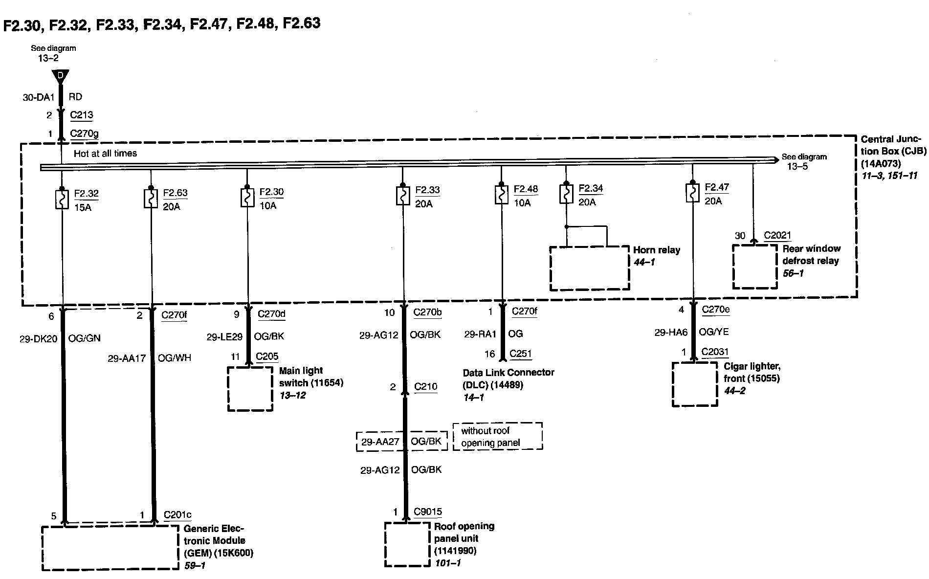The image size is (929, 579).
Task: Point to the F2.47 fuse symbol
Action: coord(692,194)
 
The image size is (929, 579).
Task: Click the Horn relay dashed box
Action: coord(589,268)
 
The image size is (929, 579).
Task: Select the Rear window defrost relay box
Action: coord(754,267)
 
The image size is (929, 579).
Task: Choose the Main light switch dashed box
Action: coord(250,389)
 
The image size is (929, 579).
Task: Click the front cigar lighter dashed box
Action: coord(695,384)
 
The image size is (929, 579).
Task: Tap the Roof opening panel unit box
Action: coord(407,544)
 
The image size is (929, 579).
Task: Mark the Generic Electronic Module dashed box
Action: coord(110,548)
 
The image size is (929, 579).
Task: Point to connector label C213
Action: coord(81,115)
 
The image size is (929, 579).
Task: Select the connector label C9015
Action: coord(427,512)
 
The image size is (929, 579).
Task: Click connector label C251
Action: coord(520,354)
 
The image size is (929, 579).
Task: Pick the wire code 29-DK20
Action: coord(38,338)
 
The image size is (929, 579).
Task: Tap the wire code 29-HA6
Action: coord(671,333)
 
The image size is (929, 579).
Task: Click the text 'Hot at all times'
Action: coord(105,154)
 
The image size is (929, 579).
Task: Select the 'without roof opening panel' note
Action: coord(497,437)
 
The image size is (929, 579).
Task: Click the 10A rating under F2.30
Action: coord(267,205)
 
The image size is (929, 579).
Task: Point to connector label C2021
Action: coord(777,236)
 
